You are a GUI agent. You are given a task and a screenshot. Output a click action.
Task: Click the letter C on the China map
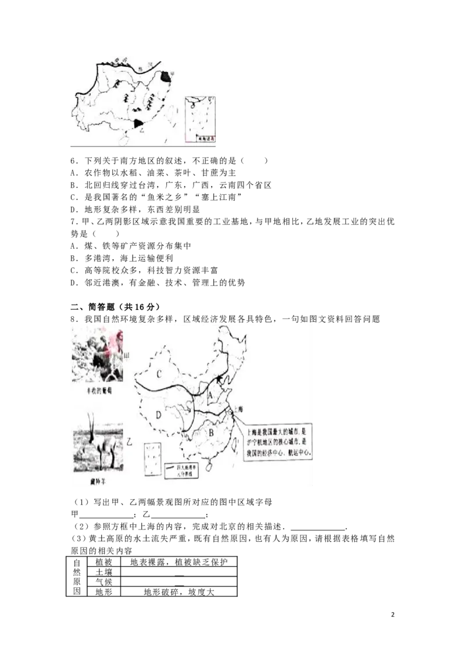pos(158,372)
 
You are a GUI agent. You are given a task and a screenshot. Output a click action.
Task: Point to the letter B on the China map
pos(212,432)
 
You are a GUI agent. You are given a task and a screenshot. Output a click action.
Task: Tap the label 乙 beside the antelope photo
pos(129,442)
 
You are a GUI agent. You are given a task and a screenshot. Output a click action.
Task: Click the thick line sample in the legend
pos(170,466)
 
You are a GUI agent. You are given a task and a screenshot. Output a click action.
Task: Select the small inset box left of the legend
pos(153,459)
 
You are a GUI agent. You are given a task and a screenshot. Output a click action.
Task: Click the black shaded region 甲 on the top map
pos(166,76)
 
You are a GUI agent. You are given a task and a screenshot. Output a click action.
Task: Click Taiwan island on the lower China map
pos(234,443)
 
